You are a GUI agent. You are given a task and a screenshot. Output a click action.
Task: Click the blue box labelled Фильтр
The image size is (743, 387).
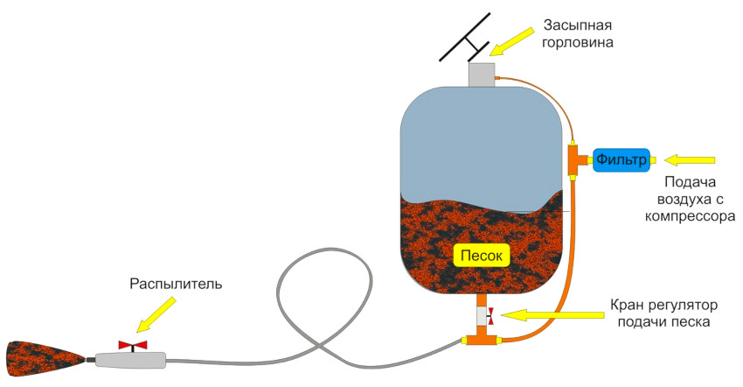621,159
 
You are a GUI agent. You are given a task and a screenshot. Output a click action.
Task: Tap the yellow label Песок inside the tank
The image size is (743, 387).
479,256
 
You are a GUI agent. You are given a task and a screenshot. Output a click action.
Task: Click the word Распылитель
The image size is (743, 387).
176,285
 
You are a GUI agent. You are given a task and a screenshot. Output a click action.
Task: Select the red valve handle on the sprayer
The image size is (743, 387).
133,345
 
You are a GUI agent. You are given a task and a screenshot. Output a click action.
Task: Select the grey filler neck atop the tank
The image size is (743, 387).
481,74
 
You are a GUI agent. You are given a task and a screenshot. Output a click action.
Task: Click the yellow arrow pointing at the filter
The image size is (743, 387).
690,159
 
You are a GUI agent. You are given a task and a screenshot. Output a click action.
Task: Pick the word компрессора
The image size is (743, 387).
690,215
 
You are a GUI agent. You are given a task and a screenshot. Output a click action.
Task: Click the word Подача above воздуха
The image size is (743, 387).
691,182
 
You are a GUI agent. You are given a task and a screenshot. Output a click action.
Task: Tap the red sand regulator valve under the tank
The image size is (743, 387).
489,312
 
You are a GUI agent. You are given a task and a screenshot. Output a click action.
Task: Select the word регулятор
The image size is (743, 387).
678,306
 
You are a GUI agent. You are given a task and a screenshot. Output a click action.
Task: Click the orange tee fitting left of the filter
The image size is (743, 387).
576,159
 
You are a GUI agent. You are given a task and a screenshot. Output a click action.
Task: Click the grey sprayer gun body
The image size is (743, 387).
131,359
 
